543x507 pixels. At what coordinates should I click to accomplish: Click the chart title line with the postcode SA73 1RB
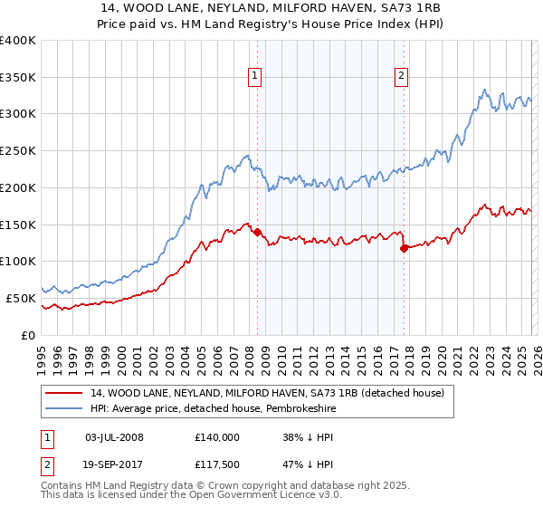271,8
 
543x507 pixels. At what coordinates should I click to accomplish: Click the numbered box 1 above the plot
256,77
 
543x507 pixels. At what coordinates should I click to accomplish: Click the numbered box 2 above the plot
401,77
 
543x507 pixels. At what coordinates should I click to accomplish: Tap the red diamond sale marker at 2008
258,233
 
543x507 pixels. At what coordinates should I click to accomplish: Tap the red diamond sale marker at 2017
404,248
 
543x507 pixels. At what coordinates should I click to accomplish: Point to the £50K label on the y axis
21,298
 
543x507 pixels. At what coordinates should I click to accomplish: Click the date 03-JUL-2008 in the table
114,437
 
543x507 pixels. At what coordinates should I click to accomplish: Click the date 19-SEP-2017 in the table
114,466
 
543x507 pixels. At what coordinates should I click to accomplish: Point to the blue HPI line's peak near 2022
485,90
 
